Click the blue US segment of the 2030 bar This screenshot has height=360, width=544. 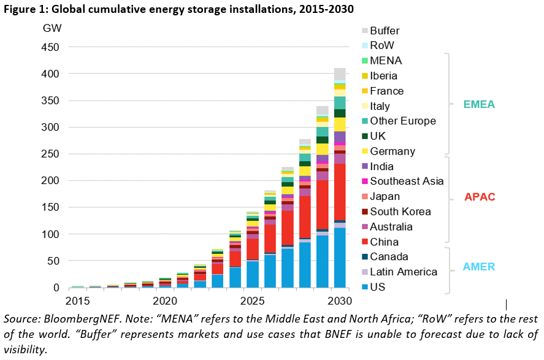click(x=339, y=258)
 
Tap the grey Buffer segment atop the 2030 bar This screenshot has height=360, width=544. click(x=339, y=74)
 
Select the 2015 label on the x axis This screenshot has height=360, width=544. click(x=79, y=301)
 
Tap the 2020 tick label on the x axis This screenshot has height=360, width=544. click(x=165, y=301)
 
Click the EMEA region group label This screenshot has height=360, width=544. click(x=478, y=105)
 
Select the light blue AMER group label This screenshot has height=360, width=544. click(x=478, y=266)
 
